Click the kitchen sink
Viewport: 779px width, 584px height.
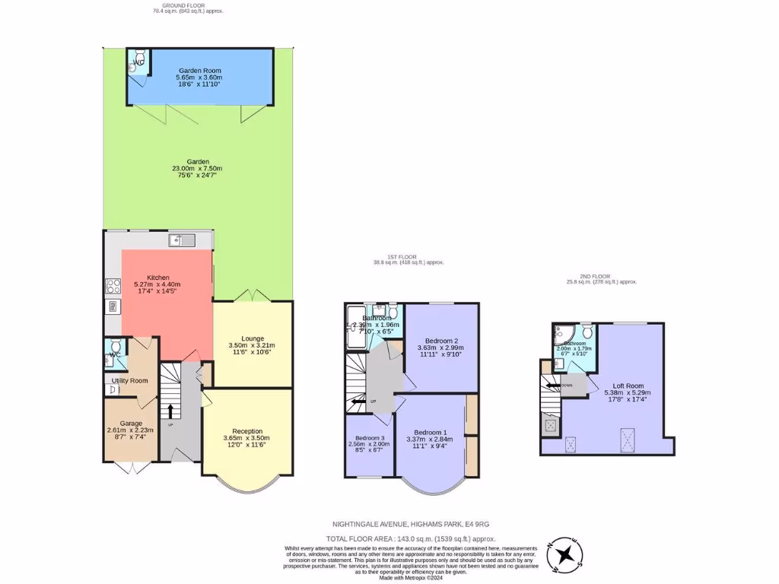183,240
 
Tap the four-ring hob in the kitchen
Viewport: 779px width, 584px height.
112,287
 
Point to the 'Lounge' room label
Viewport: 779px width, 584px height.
252,338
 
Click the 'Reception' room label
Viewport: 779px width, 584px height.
246,430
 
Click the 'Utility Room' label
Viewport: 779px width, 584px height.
129,380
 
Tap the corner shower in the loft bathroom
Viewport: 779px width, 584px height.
565,332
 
